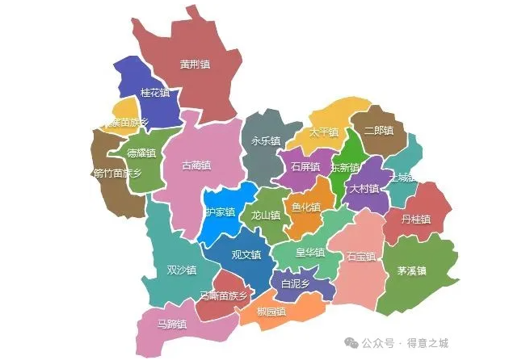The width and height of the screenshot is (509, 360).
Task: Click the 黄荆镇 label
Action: point(195,65)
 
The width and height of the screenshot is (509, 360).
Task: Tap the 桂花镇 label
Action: point(155,93)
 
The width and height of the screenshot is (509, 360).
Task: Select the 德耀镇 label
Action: point(141,153)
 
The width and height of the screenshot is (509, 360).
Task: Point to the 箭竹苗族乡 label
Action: point(117,173)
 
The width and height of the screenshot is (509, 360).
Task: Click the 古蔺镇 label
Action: point(196,165)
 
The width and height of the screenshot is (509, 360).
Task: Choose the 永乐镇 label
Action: point(266,140)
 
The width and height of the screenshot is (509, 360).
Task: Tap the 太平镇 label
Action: point(323,132)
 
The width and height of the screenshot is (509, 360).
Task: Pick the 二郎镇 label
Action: point(379,130)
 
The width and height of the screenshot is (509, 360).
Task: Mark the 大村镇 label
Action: point(364,188)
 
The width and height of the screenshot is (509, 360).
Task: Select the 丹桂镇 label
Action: point(417,220)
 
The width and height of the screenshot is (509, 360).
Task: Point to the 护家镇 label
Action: point(220,212)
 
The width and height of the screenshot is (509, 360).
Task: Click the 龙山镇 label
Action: point(265,216)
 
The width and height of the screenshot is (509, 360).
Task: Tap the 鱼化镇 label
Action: point(306,207)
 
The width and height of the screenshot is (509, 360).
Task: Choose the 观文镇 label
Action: point(246,254)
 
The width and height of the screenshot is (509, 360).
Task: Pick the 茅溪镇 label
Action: point(411,270)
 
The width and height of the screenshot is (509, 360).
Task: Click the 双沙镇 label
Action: point(181,270)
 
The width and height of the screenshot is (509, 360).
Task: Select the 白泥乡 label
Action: point(295,284)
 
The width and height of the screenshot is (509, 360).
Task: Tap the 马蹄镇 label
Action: point(172,324)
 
